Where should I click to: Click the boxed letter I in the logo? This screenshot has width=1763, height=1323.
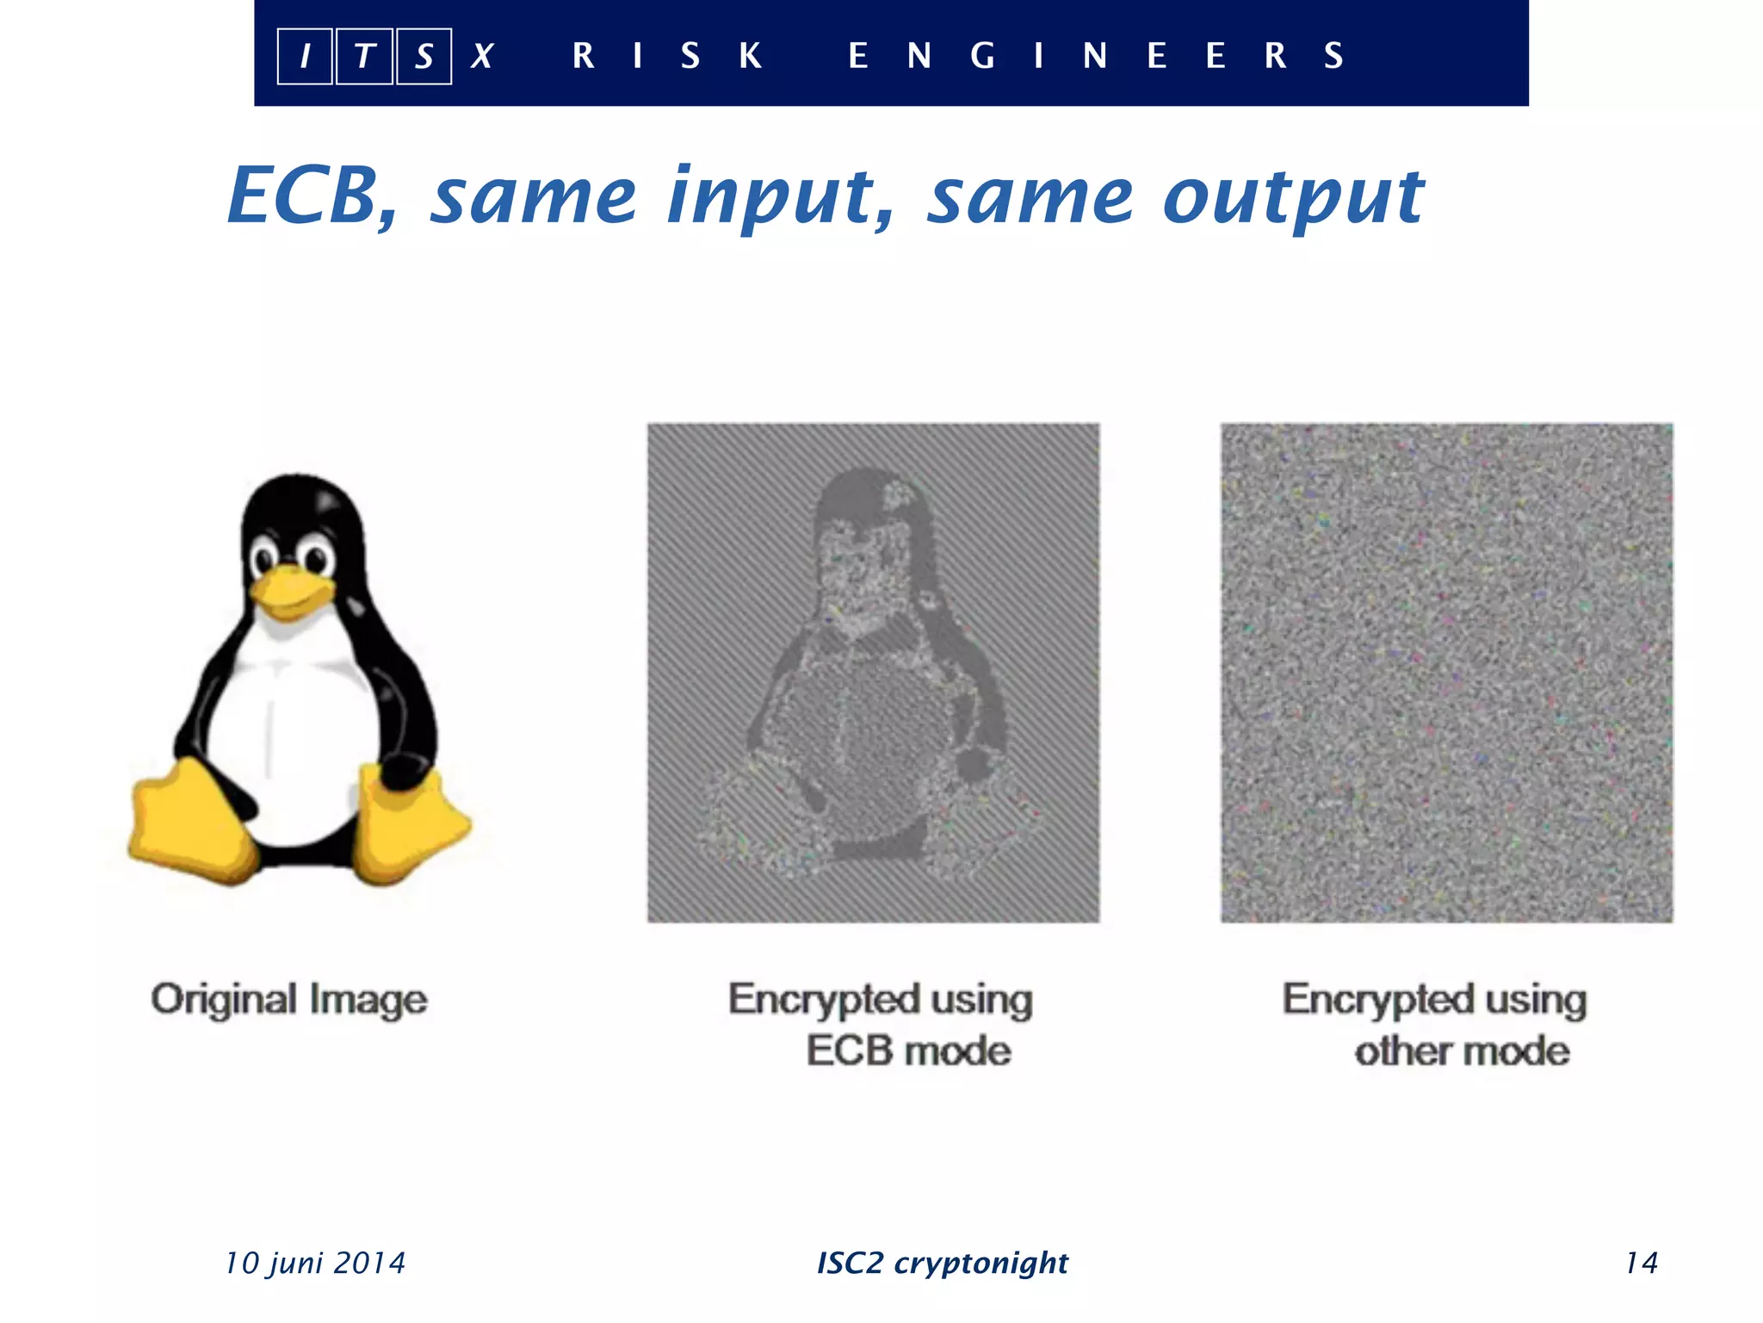(305, 56)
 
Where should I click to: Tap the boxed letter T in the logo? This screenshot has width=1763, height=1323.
(364, 56)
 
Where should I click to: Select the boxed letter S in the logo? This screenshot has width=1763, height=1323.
(424, 56)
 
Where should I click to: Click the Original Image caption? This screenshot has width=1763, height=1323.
(289, 999)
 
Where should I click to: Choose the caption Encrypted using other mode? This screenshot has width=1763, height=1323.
(1435, 1024)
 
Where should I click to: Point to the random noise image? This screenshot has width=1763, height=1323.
(1446, 672)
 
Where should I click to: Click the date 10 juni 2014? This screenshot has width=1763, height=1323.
(315, 1263)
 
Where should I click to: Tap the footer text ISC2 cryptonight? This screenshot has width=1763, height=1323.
(942, 1263)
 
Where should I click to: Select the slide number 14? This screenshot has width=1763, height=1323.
(1641, 1263)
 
